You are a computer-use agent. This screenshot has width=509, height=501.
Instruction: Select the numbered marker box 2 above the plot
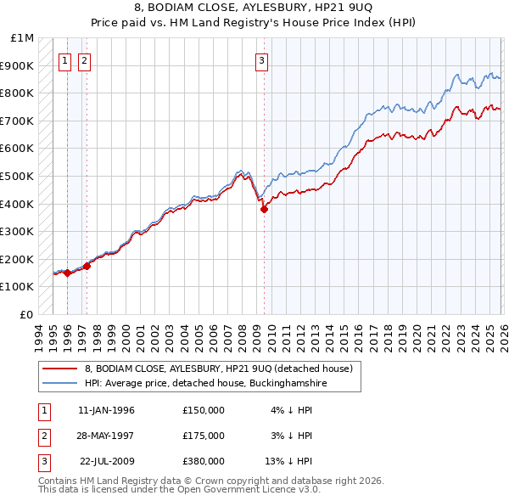85,60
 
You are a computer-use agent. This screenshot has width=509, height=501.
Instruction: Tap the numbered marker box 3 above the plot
262,60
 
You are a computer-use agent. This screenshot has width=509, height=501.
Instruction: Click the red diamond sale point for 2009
264,209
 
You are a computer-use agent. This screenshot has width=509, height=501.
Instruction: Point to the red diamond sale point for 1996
67,273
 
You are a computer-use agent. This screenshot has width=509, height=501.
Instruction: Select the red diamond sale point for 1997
87,266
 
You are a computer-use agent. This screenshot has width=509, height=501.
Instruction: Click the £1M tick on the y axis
23,38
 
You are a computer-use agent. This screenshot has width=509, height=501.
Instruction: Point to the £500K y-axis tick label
19,176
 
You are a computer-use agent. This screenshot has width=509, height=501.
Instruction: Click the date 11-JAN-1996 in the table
106,410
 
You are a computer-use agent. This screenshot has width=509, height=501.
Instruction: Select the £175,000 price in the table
204,436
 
